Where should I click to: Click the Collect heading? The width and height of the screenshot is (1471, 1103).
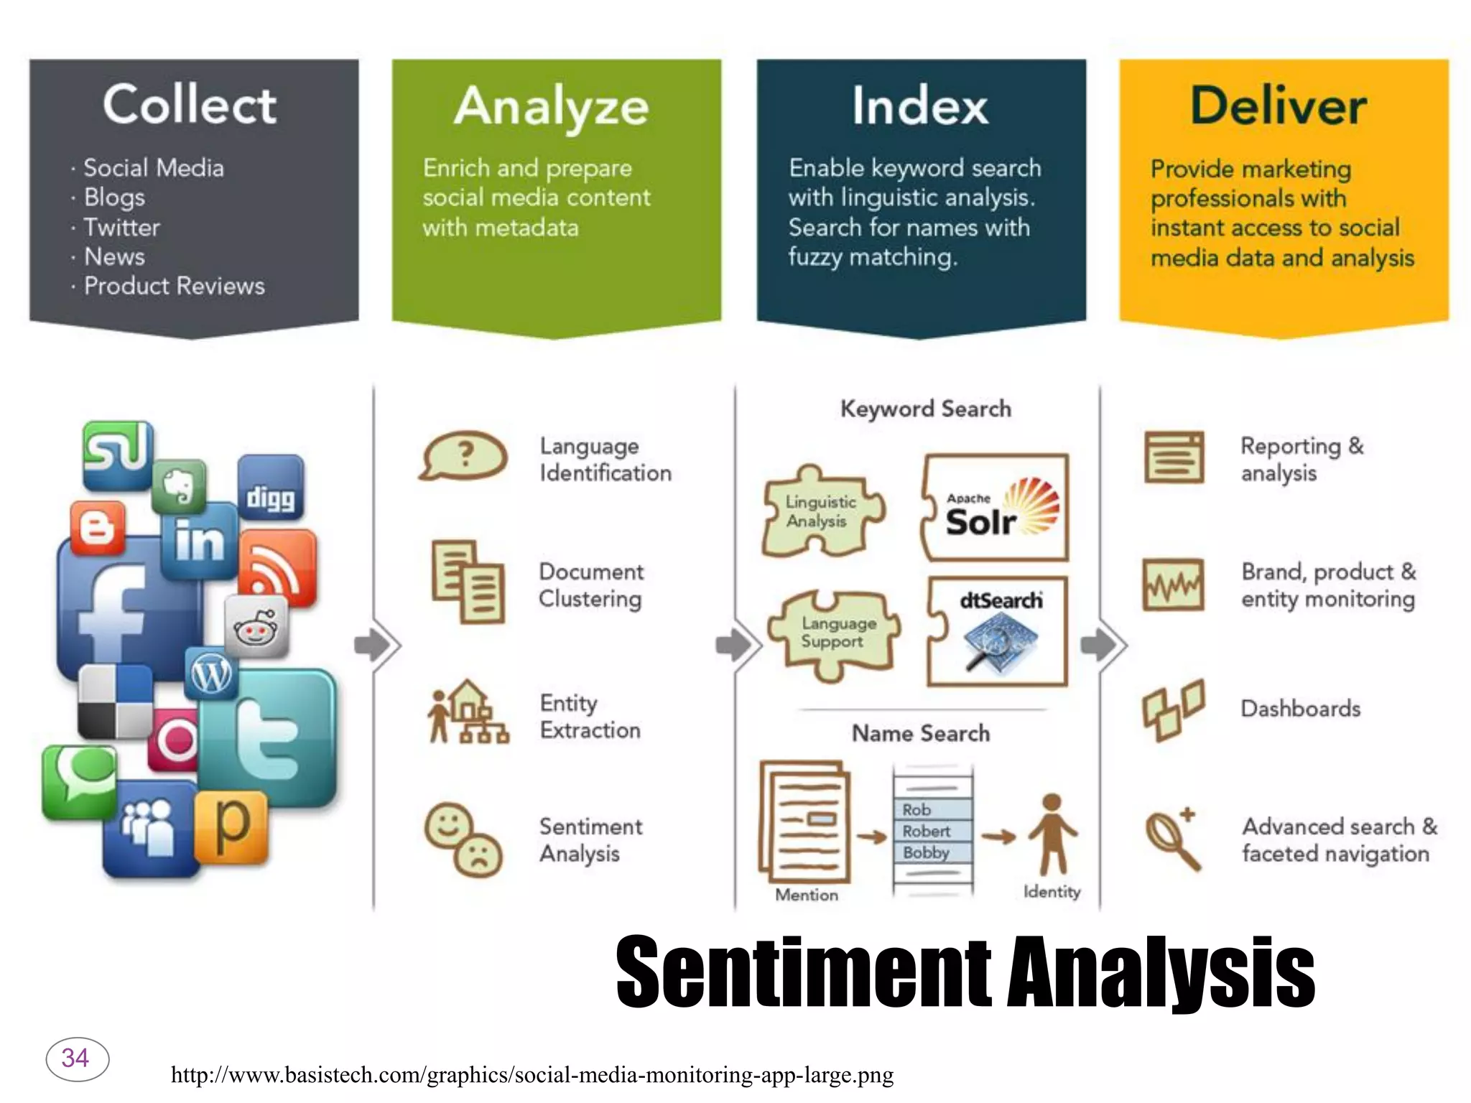189,105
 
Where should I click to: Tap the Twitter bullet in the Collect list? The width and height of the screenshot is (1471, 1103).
121,227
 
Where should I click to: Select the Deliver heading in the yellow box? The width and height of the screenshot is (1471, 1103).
1278,106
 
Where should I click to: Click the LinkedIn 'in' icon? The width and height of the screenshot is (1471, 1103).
199,541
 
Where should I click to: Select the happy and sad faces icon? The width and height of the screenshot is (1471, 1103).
464,839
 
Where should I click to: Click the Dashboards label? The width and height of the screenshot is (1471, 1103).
1300,709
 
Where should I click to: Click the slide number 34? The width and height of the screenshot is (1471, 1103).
77,1058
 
